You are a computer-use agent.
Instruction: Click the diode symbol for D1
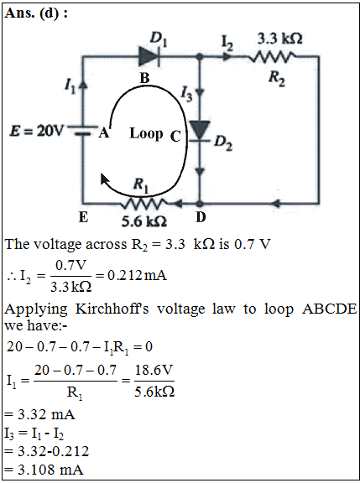tap(149, 57)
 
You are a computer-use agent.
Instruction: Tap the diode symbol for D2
tap(200, 132)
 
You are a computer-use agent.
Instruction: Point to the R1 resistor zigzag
tap(144, 204)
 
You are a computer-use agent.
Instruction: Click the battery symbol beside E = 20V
tap(82, 130)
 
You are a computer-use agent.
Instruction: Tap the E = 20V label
tap(35, 132)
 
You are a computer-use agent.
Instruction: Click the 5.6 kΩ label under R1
tap(144, 221)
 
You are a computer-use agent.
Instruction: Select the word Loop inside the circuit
tap(146, 133)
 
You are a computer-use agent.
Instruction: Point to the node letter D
tap(201, 217)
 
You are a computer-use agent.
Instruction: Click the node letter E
tap(83, 217)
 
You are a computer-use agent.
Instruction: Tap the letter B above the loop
tap(144, 79)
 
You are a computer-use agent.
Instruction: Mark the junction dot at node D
tap(200, 204)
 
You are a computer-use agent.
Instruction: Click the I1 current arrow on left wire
tap(83, 85)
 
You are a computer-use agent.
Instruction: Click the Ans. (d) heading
tap(36, 13)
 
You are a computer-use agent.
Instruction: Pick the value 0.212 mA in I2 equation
tap(137, 275)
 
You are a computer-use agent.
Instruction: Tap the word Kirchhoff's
tap(112, 309)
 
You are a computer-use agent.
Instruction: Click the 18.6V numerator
tap(154, 370)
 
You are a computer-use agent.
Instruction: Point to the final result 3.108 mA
tap(50, 470)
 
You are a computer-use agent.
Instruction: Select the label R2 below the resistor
tap(276, 79)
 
